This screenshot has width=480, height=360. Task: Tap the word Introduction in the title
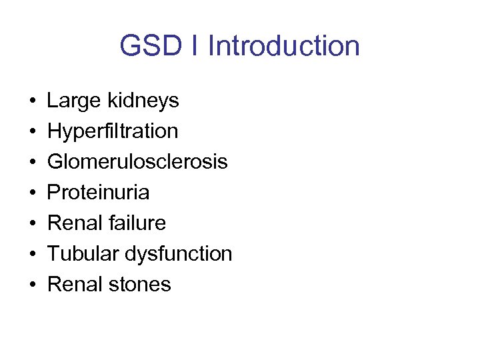point(283,46)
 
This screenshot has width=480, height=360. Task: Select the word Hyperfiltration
point(113,131)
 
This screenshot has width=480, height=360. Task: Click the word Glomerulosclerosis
point(137,162)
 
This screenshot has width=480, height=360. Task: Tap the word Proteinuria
point(98,193)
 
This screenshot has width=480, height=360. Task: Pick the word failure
point(136,223)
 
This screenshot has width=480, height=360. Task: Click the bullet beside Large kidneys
point(33,102)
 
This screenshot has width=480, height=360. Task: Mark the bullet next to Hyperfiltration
point(33,133)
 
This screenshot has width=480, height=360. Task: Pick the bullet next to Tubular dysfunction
point(33,255)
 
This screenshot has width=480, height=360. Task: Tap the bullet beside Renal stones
point(33,285)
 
